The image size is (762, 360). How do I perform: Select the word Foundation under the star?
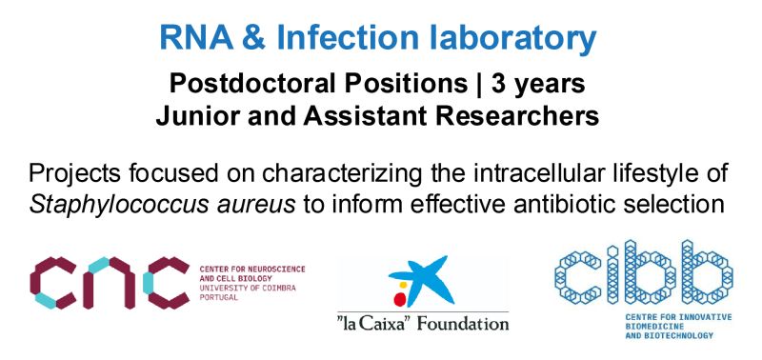click(462, 323)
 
